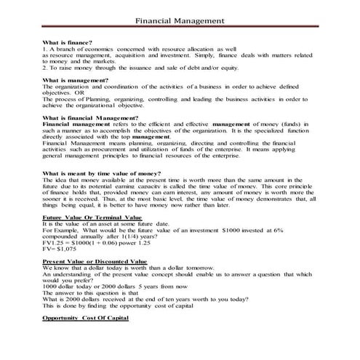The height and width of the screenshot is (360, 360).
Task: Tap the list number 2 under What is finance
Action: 44,66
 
